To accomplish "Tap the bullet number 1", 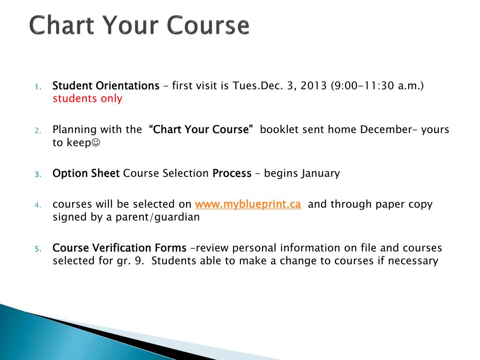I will (x=37, y=87).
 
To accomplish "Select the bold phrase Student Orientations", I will (x=106, y=86).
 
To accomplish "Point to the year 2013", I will (x=314, y=86).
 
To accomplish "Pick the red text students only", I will (x=87, y=98).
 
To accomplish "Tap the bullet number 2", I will (x=37, y=130).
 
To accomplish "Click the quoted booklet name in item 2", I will (x=201, y=129).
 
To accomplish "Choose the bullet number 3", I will (x=37, y=174).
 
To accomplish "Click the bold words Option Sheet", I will (x=86, y=173).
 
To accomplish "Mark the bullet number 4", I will (x=37, y=205).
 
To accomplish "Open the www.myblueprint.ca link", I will (x=247, y=204).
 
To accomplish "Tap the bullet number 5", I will (x=37, y=249).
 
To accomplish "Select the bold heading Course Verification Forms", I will (x=120, y=248).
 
